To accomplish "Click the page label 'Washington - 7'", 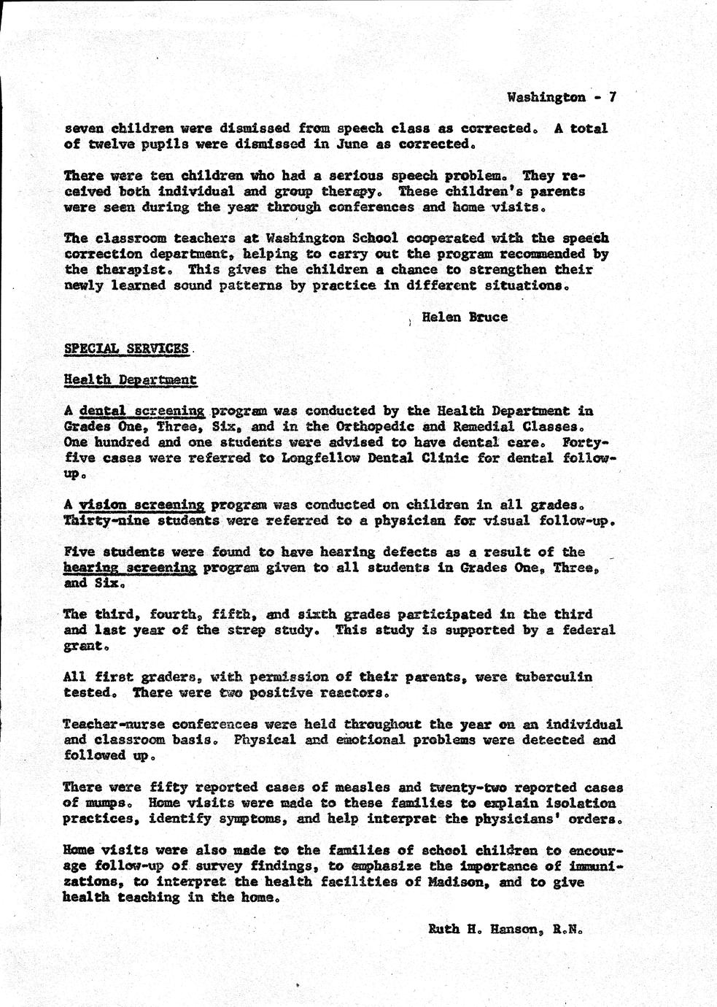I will [562, 97].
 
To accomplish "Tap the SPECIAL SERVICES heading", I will [126, 348].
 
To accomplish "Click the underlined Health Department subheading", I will [130, 379].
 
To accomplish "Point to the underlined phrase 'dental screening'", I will [142, 411].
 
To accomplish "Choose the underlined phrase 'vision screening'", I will [142, 504].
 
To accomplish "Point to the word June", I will [352, 144].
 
